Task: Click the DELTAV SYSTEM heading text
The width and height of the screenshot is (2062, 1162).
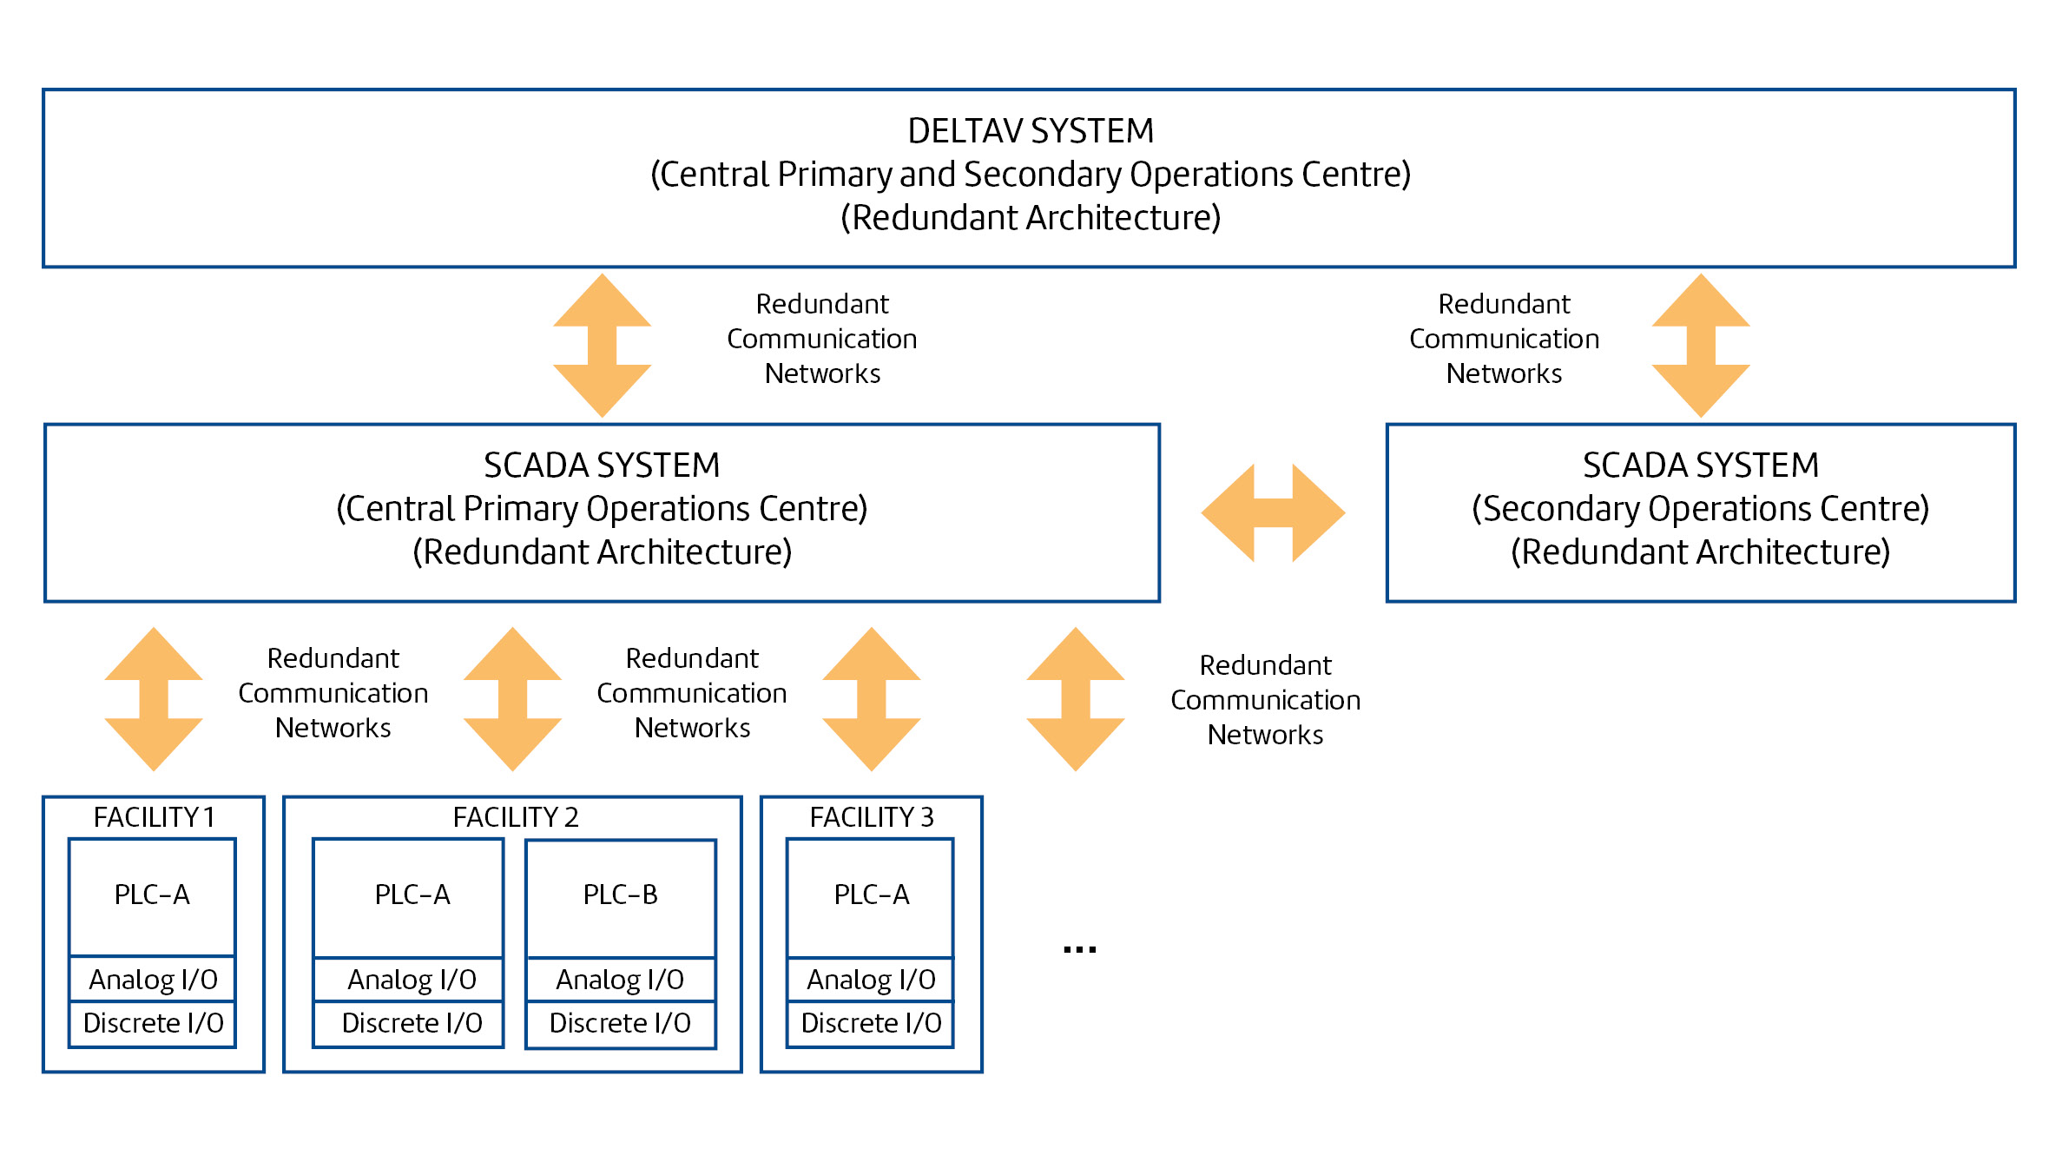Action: click(x=1031, y=131)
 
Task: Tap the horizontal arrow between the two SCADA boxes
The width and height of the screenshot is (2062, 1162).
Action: click(x=1273, y=512)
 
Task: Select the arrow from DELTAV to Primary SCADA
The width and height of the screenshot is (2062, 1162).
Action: click(x=603, y=346)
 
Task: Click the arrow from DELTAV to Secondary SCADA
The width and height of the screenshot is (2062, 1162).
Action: click(x=1701, y=346)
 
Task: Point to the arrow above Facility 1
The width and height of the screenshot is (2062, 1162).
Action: click(x=154, y=699)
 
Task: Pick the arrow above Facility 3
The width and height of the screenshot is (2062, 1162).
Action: click(x=872, y=699)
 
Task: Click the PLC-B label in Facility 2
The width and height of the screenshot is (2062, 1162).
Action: click(x=621, y=895)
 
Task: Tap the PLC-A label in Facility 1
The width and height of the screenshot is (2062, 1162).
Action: click(x=152, y=895)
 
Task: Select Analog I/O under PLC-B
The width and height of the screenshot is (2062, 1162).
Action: click(x=620, y=980)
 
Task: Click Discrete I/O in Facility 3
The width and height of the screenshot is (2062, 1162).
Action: click(x=871, y=1023)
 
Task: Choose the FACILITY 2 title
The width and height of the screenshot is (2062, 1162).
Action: click(x=516, y=817)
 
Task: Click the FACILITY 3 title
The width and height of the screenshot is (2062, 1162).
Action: click(x=872, y=817)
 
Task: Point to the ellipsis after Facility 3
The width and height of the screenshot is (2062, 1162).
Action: click(x=1080, y=949)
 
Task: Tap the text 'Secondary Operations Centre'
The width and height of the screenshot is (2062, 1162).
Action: click(x=1701, y=509)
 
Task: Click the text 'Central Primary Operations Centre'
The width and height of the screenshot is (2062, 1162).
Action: click(x=602, y=509)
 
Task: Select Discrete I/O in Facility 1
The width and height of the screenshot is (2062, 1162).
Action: click(x=153, y=1023)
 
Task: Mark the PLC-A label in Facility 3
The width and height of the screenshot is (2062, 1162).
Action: click(x=872, y=895)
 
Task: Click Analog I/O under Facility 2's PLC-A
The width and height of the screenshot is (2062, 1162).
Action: click(x=412, y=980)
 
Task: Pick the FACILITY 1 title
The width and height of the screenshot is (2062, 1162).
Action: click(x=154, y=817)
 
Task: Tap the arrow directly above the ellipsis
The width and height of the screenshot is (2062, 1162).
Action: click(x=1076, y=699)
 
